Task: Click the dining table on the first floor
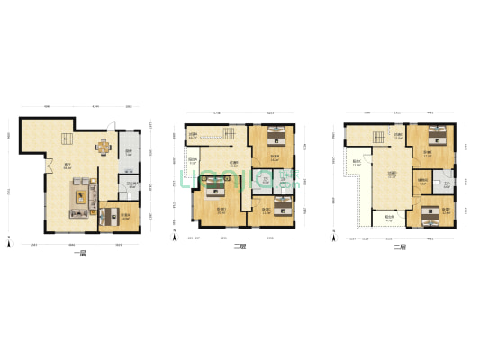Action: (x=104, y=148)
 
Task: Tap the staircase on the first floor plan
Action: (x=66, y=139)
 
